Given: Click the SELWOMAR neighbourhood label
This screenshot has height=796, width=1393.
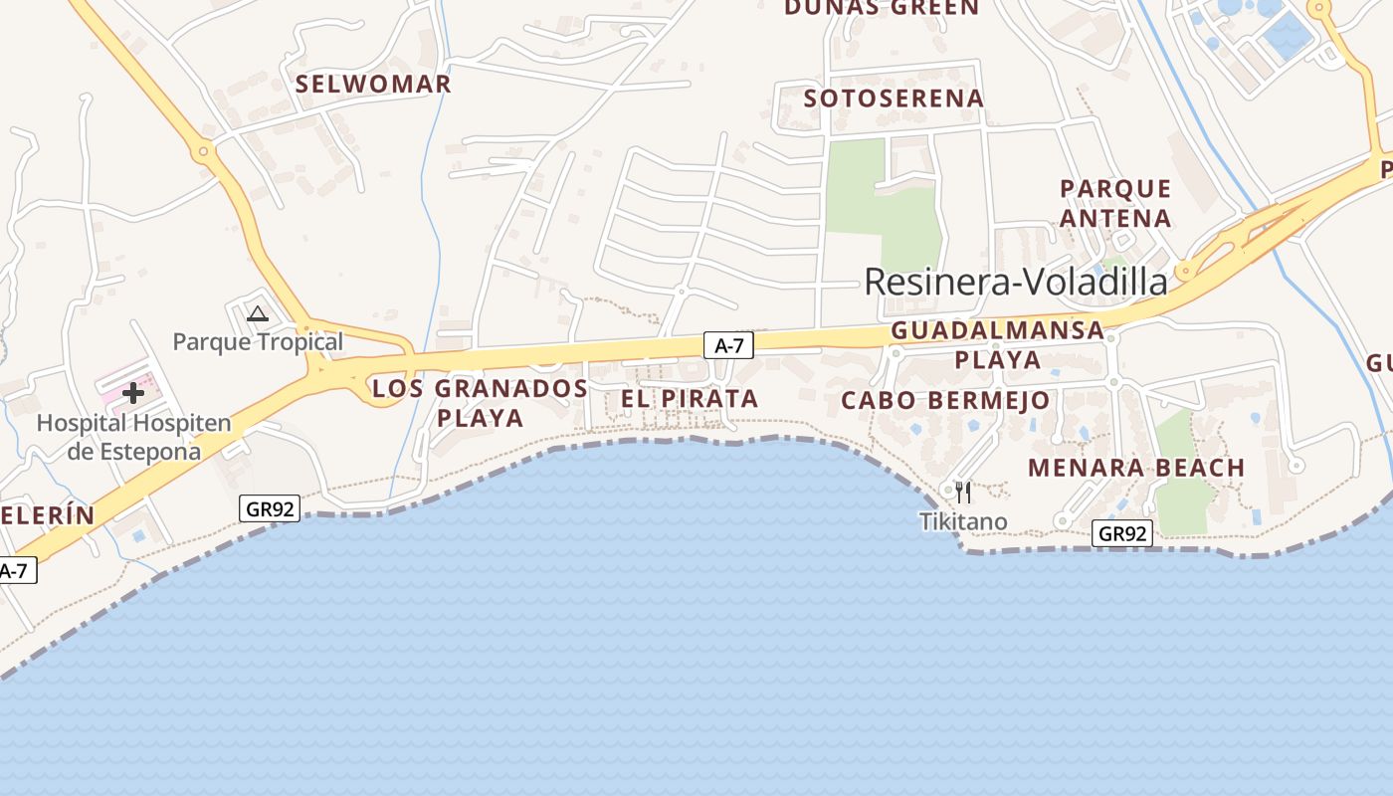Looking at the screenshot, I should (x=373, y=85).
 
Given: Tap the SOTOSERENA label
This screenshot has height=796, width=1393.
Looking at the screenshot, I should (x=894, y=99).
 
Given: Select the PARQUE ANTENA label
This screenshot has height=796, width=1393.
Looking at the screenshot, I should (x=1115, y=203).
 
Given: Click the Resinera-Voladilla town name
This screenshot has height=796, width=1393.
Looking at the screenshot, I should (x=1015, y=282).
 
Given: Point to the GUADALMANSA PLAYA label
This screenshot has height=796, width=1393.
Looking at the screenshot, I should (x=998, y=344).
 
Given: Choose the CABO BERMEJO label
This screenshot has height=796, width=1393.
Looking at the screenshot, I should (x=945, y=401).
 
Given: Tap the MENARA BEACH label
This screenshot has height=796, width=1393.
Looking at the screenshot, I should (x=1136, y=468).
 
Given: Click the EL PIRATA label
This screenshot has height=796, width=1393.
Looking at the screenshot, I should (x=690, y=399).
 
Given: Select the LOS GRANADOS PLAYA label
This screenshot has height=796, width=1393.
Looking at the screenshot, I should (x=480, y=402).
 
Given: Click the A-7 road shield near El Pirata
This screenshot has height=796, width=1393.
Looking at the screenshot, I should (x=728, y=345).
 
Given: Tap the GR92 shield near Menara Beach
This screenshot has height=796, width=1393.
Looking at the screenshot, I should (x=1123, y=533).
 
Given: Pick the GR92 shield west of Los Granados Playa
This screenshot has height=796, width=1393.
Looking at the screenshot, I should (x=270, y=509).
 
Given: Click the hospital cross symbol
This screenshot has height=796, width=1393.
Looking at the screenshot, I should (x=133, y=393).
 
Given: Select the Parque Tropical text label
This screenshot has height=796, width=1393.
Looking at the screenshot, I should (x=258, y=342).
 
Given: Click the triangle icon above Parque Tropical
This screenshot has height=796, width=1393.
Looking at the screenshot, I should (x=258, y=314).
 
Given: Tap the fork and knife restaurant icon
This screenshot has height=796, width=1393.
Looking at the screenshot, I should (x=962, y=492).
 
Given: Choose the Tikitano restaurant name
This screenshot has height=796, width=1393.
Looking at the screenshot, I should (x=963, y=521).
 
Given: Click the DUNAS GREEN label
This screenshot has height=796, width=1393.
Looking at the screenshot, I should (x=882, y=8).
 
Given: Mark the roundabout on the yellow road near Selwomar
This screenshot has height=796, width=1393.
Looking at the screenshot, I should (x=204, y=153).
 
